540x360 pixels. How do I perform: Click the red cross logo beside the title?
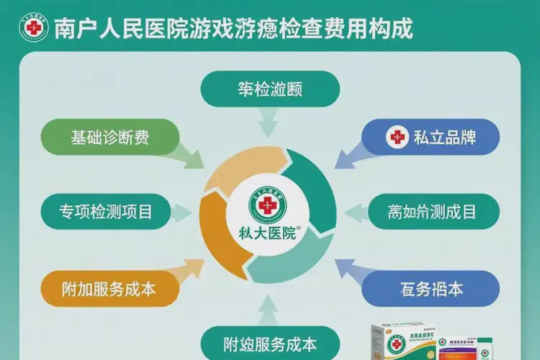click(x=32, y=29)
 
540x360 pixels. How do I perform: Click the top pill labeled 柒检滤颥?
click(x=270, y=89)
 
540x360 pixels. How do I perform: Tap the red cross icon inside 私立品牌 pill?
click(x=397, y=137)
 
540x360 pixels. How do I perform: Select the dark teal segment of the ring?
click(x=317, y=187)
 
